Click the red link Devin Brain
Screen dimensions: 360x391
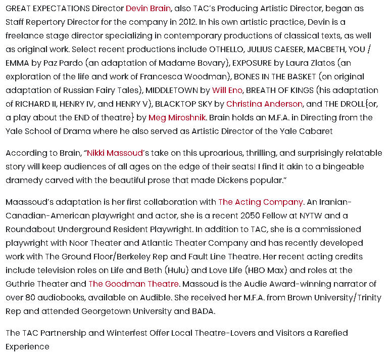coord(148,9)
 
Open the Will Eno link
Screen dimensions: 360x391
coord(227,91)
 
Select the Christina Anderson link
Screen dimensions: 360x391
coord(264,104)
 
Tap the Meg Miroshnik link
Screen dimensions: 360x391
coord(177,118)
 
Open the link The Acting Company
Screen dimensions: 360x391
coord(260,202)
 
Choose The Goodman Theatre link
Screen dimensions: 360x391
coord(133,284)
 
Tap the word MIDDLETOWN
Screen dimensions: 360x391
coord(171,91)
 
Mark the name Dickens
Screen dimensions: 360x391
coord(261,181)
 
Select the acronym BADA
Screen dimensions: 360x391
coord(203,311)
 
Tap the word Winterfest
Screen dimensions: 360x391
coord(129,333)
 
